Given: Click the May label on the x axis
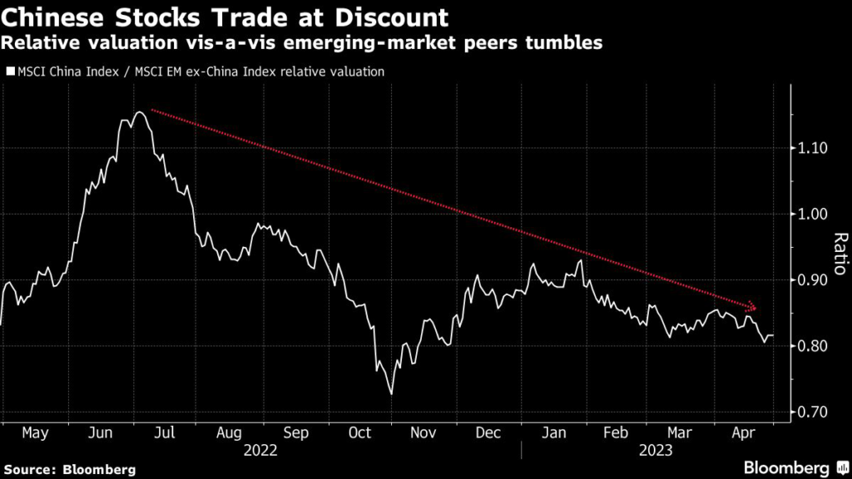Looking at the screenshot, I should coord(34,433).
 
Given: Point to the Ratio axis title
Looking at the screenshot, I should coord(838,254).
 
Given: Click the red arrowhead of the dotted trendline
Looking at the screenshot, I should coord(752,306).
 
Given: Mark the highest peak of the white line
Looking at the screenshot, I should coord(138,111).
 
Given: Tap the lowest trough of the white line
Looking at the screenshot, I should coord(391,393).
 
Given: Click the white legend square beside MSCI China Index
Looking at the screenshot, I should coord(10,72).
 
